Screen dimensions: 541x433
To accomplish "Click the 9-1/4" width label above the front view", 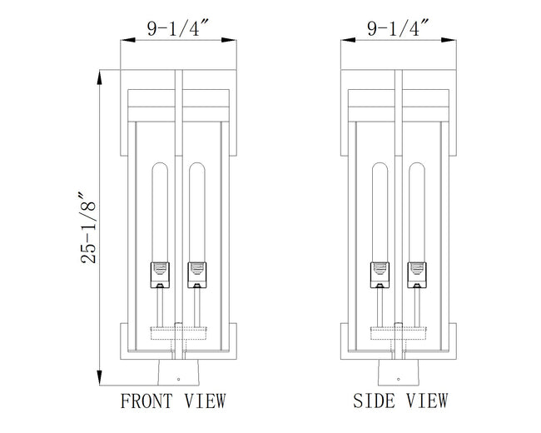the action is [x=178, y=28].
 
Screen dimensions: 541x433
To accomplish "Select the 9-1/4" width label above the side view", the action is [x=398, y=28].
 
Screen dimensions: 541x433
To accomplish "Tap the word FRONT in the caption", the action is [x=146, y=401].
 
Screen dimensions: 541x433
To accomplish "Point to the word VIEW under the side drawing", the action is [x=427, y=401].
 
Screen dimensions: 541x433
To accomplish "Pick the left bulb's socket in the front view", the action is [x=160, y=275].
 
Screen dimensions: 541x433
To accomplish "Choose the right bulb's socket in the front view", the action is [x=197, y=275].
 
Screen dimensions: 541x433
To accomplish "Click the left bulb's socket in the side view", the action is [x=380, y=275].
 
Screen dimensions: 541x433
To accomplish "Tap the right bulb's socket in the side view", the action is [x=417, y=275].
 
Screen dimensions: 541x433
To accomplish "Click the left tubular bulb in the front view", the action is [x=160, y=212].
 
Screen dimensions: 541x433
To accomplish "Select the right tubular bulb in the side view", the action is [x=417, y=212].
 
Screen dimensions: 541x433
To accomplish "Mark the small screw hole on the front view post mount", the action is [x=178, y=379].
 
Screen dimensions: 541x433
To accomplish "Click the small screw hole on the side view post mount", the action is [x=399, y=379].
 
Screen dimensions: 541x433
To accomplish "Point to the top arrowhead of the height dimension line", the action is [x=99, y=77].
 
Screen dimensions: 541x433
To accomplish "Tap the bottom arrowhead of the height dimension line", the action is [x=99, y=378].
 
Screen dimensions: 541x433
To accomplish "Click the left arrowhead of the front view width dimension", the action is [x=127, y=40].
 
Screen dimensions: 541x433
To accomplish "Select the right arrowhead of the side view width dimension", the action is [x=449, y=40].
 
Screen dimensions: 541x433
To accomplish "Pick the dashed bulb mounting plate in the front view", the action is [x=178, y=333].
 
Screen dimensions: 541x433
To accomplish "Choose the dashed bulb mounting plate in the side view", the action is [x=399, y=333].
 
